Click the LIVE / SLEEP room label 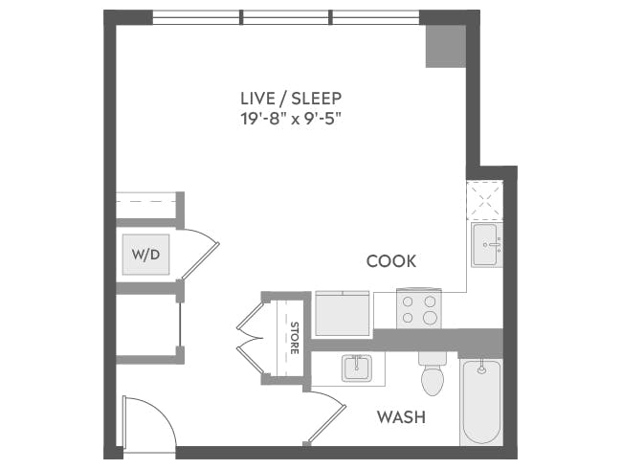[x=291, y=99]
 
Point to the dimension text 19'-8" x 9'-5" [x=291, y=120]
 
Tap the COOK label [x=391, y=260]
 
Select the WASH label [x=401, y=417]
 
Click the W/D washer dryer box [x=145, y=255]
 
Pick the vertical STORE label [x=295, y=338]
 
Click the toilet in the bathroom [x=433, y=374]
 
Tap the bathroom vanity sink [x=357, y=368]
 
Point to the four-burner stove [x=418, y=308]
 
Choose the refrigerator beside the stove [x=343, y=312]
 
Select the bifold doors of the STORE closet [x=251, y=338]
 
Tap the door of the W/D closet [x=200, y=253]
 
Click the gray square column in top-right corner [x=445, y=46]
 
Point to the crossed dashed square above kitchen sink [x=485, y=202]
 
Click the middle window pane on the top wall [x=286, y=17]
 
